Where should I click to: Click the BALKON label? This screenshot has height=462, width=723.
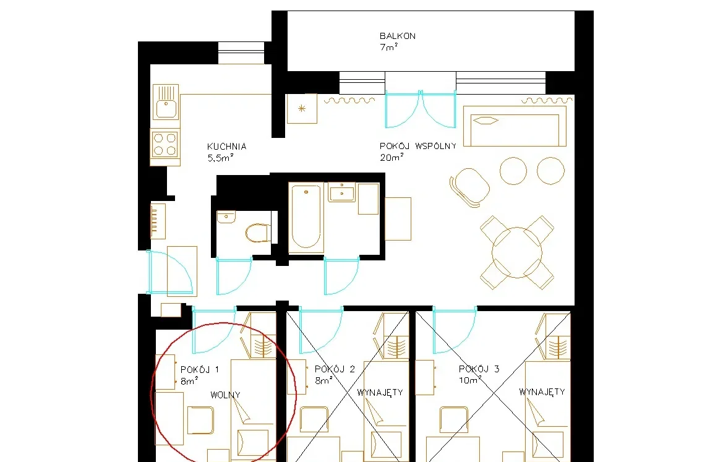(x=398, y=36)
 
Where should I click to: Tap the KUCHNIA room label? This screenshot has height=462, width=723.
(x=226, y=147)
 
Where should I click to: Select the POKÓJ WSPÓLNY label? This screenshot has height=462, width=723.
(x=417, y=146)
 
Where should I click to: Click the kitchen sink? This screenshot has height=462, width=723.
(x=166, y=103)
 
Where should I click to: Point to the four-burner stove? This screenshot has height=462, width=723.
(x=165, y=144)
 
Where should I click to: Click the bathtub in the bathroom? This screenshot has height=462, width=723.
(x=306, y=216)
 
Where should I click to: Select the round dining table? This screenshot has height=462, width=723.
(x=516, y=252)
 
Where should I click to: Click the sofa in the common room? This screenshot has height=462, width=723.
(x=515, y=126)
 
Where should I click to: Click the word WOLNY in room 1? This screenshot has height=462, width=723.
(x=226, y=395)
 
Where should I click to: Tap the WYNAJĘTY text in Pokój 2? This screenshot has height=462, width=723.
(x=380, y=393)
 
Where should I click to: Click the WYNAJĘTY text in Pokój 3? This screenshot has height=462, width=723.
(x=542, y=392)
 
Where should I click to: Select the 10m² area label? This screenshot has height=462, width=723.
(x=470, y=380)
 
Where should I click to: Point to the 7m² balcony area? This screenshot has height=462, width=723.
(x=388, y=47)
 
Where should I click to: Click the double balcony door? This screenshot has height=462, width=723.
(x=421, y=109)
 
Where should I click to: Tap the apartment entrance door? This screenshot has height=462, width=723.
(x=169, y=272)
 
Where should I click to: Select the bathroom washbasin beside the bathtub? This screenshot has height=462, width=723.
(x=341, y=192)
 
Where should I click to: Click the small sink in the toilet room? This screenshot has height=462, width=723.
(x=226, y=216)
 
